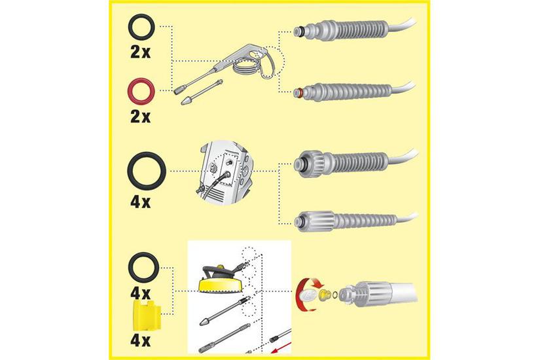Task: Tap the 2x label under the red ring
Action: pos(141,117)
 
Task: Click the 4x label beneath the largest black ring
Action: pos(141,202)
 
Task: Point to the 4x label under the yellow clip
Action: pos(141,341)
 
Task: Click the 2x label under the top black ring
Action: pos(141,52)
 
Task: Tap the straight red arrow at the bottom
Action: pos(281,346)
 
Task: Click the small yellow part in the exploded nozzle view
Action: pos(325,295)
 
